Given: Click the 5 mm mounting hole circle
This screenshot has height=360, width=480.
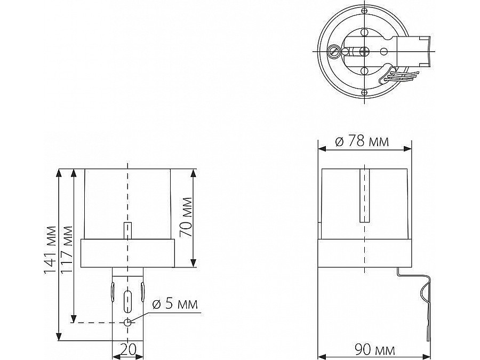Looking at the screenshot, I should (x=128, y=322).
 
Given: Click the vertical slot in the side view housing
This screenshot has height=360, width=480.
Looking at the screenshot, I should (x=364, y=196).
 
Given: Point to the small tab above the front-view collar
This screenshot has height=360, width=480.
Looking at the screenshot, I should (x=127, y=230).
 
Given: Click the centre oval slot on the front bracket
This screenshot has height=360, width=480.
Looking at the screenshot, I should (x=127, y=300).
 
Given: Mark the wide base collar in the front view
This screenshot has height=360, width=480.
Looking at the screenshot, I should (x=127, y=253).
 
